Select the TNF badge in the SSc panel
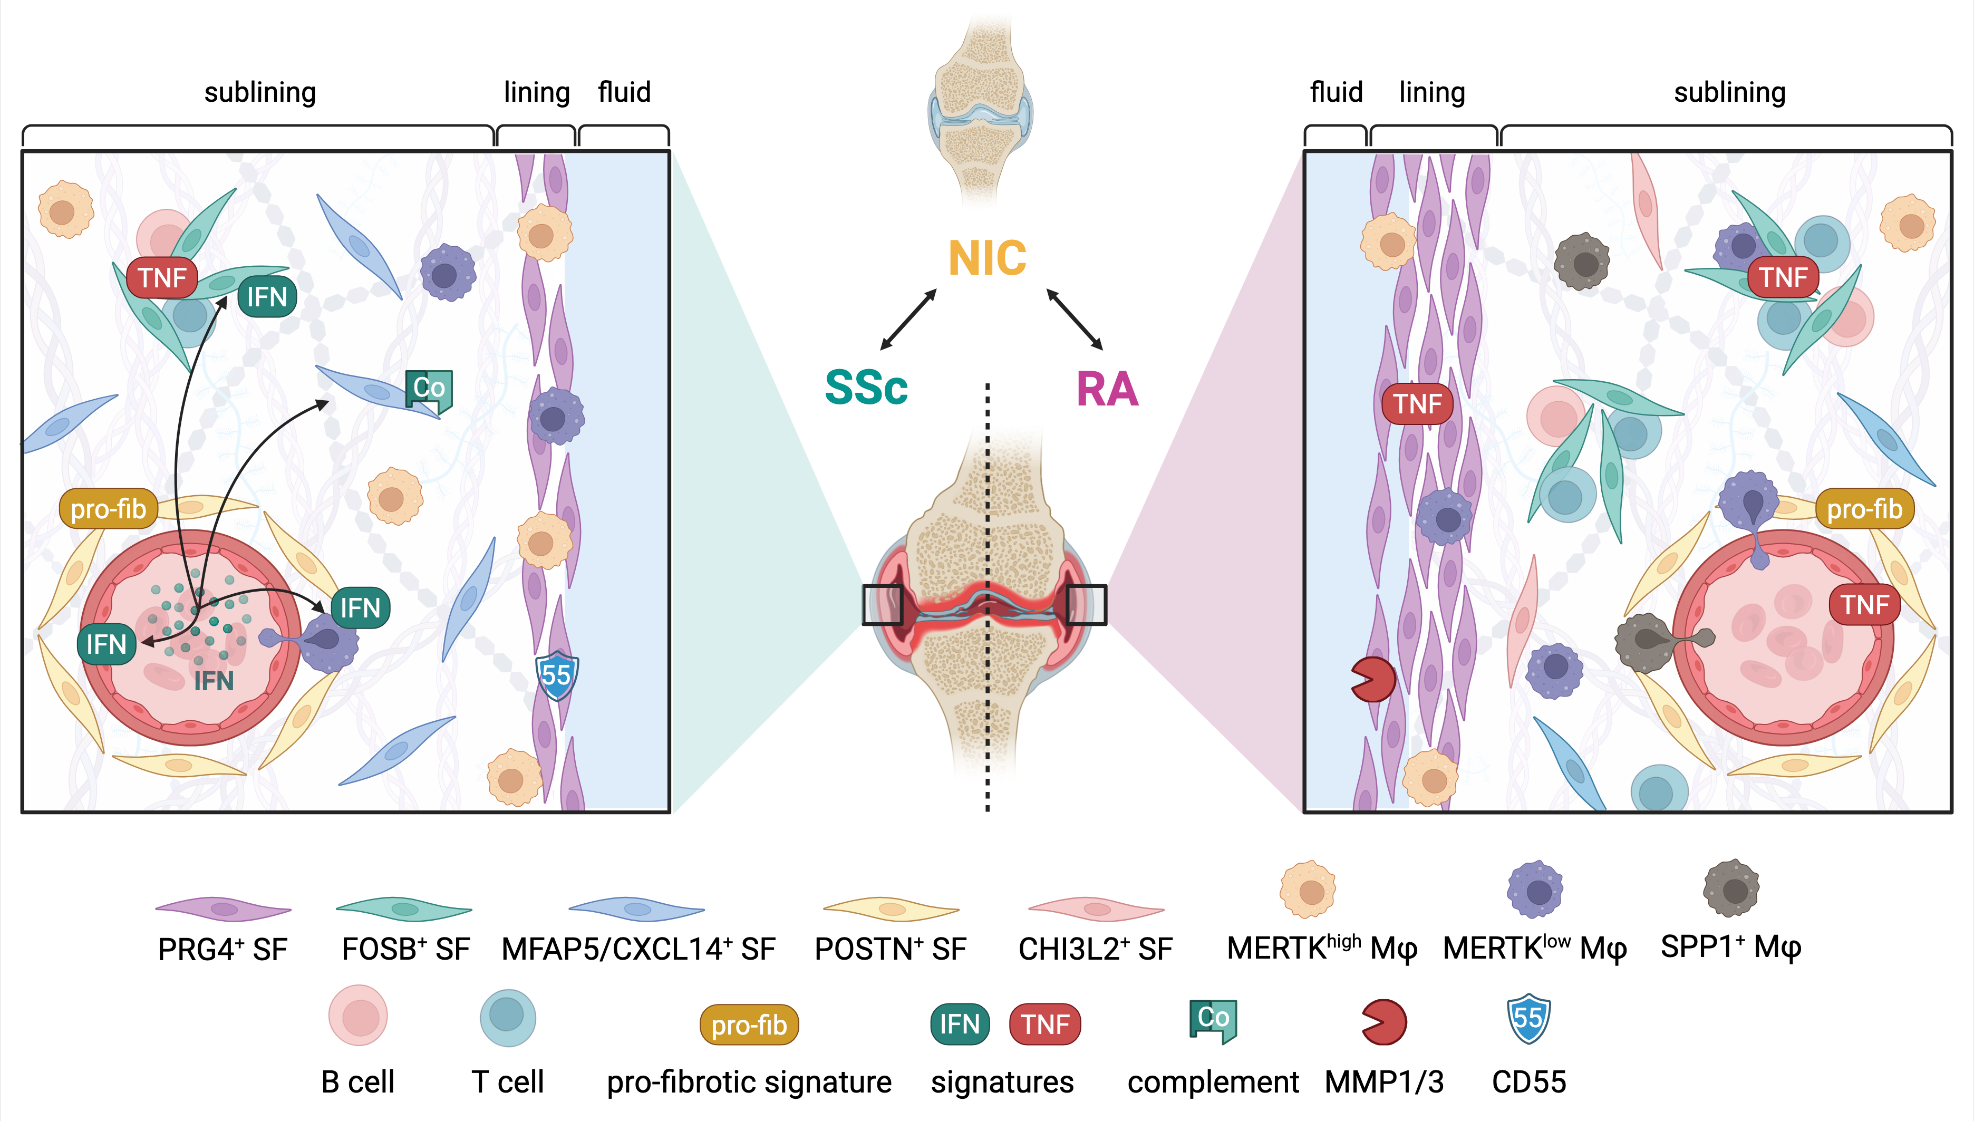162,277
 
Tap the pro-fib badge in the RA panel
1864,509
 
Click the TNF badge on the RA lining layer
1417,403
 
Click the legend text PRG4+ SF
222,949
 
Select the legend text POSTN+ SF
890,949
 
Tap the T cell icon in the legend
507,1017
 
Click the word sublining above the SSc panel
260,92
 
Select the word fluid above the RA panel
1336,92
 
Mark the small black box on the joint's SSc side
882,604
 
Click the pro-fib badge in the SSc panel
109,509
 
